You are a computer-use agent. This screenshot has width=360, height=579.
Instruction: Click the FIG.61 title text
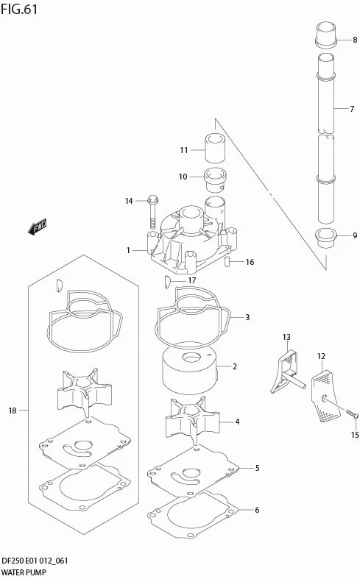click(19, 10)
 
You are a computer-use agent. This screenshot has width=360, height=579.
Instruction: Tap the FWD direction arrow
click(38, 227)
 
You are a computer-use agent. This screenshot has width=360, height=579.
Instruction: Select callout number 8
click(355, 40)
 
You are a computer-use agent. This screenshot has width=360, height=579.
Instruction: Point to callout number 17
click(192, 280)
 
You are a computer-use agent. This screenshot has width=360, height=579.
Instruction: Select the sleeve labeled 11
click(215, 148)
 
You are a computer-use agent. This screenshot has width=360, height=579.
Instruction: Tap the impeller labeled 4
click(193, 420)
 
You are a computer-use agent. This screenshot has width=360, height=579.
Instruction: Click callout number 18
click(13, 411)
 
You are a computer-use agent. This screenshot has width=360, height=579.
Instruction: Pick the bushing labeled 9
click(325, 239)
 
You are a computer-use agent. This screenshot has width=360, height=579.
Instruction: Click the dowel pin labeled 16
click(227, 262)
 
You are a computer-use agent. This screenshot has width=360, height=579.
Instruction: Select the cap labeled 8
click(325, 35)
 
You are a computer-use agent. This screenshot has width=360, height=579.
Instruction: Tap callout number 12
click(321, 356)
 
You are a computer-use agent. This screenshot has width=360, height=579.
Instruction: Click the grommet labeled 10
click(215, 180)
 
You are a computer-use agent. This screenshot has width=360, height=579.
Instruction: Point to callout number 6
click(257, 510)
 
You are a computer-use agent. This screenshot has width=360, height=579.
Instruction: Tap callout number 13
click(286, 337)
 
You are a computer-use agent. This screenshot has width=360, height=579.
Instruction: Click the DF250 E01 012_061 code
click(35, 561)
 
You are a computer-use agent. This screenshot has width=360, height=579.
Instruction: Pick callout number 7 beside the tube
click(352, 109)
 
